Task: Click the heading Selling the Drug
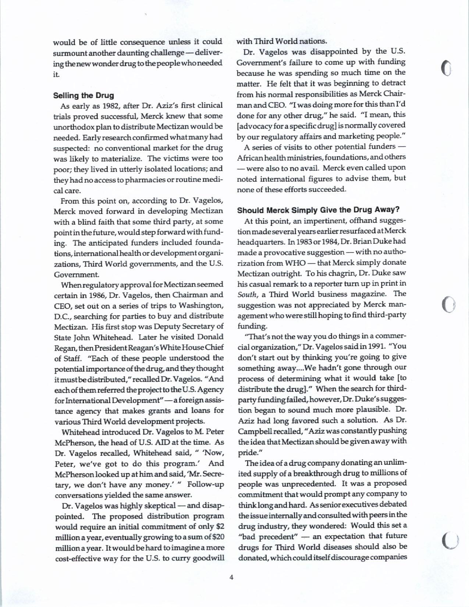click(84, 96)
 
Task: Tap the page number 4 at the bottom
click(231, 577)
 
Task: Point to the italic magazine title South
click(245, 294)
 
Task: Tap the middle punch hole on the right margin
click(448, 304)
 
